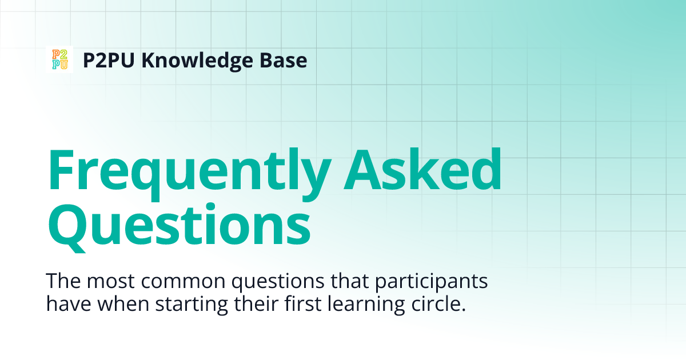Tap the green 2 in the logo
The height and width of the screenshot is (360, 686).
63,55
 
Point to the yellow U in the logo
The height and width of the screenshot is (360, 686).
63,64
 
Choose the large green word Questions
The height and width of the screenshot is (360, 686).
178,224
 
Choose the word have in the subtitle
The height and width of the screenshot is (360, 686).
65,303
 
